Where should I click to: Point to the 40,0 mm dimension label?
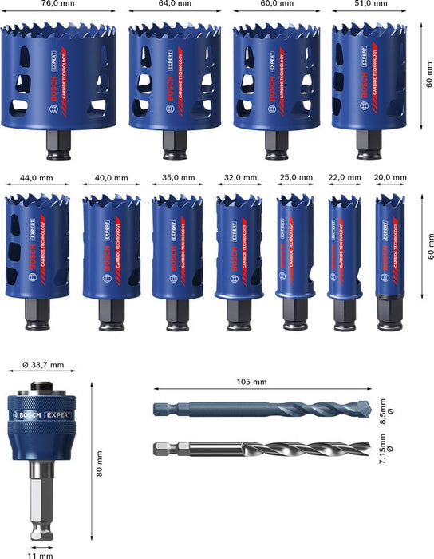[112, 178]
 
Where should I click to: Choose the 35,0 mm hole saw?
[173, 248]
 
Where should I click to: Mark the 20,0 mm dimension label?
[390, 178]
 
